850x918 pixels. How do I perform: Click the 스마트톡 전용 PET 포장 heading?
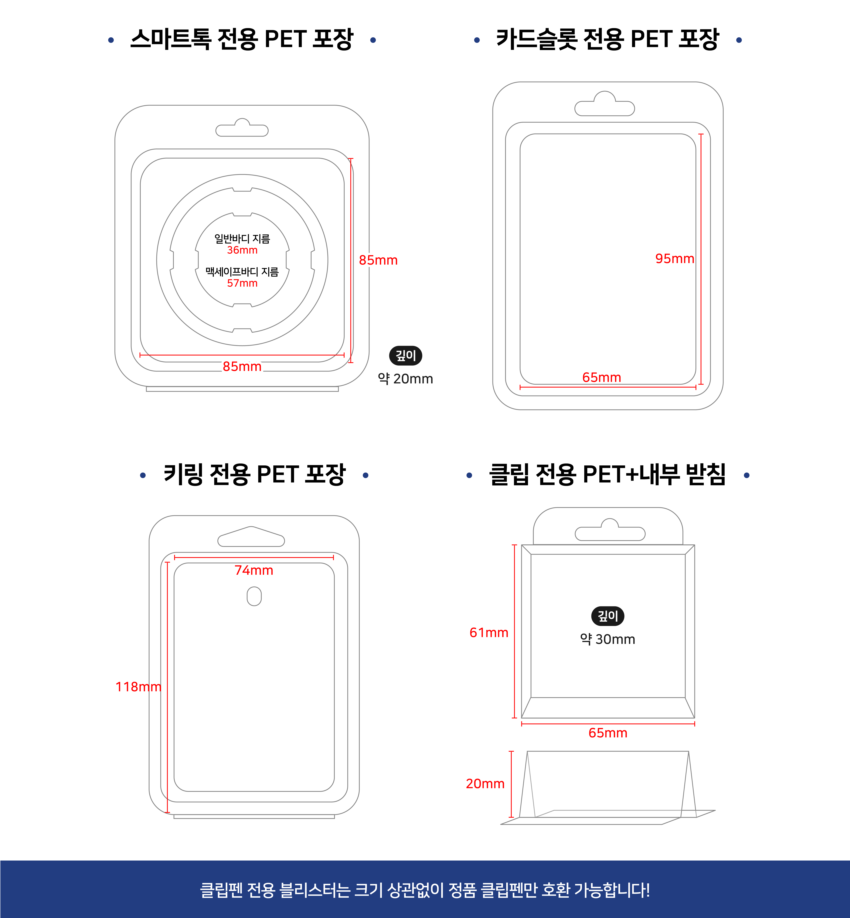click(241, 39)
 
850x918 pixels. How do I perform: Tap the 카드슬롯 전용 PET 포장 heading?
click(607, 39)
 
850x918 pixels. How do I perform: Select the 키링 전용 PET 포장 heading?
click(254, 474)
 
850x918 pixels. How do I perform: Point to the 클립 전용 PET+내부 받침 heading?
click(607, 474)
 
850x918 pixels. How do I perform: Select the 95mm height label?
click(675, 258)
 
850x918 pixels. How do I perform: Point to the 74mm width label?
click(254, 570)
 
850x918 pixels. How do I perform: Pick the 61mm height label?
click(488, 632)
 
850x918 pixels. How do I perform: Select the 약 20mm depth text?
click(405, 379)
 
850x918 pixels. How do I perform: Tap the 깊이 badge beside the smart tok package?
click(406, 355)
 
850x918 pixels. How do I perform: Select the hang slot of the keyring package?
click(251, 537)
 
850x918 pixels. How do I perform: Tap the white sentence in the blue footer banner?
click(425, 889)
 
